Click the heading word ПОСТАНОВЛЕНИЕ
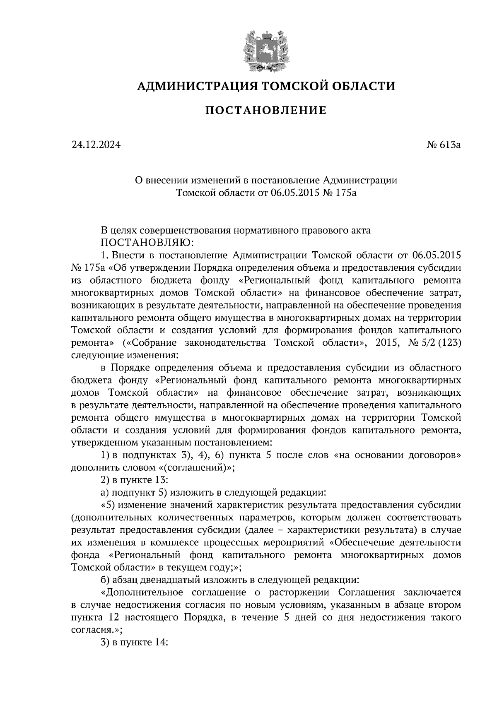click(x=266, y=111)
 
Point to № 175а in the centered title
click(x=339, y=193)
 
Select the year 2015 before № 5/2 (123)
click(x=388, y=343)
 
